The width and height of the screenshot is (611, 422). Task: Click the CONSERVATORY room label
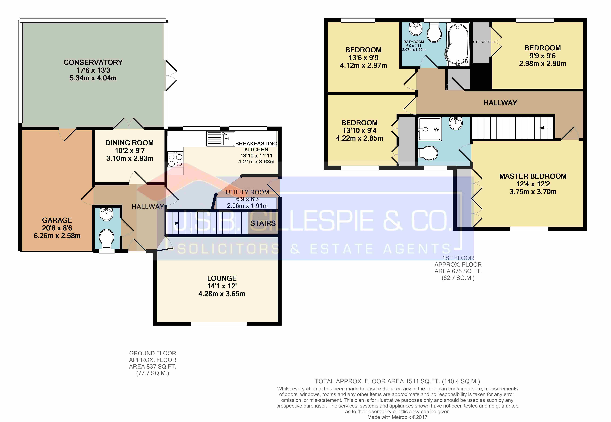tap(93, 62)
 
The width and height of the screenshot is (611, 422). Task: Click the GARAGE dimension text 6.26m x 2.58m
tap(57, 236)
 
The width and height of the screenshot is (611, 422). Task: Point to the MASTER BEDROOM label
tap(533, 176)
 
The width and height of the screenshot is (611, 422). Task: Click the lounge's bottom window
tap(219, 324)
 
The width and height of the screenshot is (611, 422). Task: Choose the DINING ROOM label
tap(130, 143)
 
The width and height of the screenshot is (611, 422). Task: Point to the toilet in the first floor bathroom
tap(434, 33)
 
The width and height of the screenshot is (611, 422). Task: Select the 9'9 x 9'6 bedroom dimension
tap(543, 56)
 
